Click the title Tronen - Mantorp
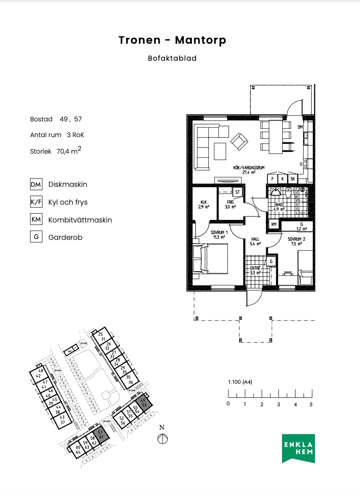pyautogui.click(x=172, y=40)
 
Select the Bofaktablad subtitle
pyautogui.click(x=172, y=59)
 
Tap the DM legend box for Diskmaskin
pyautogui.click(x=36, y=184)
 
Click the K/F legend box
pyautogui.click(x=36, y=202)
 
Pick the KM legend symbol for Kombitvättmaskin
pyautogui.click(x=36, y=220)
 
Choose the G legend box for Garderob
pyautogui.click(x=36, y=237)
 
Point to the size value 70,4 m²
pyautogui.click(x=68, y=150)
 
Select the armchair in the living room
pyautogui.click(x=239, y=141)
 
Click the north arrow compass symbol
pyautogui.click(x=162, y=439)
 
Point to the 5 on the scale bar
pyautogui.click(x=311, y=404)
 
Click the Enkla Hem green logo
pyautogui.click(x=298, y=449)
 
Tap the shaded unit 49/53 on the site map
pyautogui.click(x=143, y=402)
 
